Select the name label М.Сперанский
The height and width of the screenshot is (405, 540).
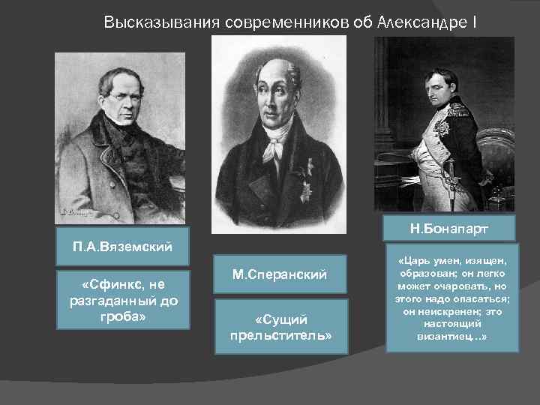point(279,275)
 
